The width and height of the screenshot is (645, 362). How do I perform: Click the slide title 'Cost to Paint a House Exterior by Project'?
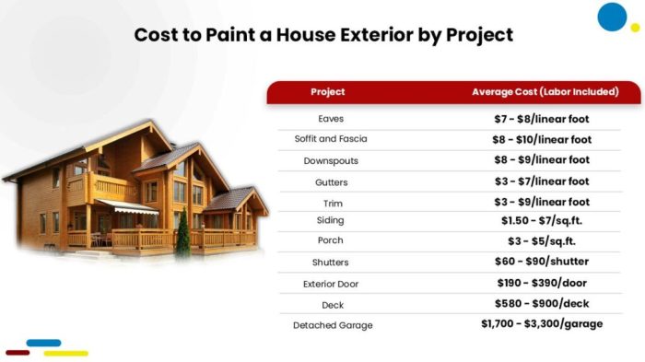(x=323, y=35)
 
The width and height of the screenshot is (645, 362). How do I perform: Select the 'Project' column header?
(x=328, y=92)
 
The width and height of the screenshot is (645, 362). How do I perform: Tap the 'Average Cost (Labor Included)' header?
(x=545, y=92)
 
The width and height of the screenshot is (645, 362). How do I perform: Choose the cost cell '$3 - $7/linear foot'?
(x=541, y=181)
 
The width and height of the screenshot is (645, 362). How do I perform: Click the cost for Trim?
(x=541, y=202)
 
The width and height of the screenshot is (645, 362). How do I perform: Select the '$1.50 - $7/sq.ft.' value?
(x=541, y=222)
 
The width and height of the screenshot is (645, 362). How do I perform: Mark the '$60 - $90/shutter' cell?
(x=541, y=263)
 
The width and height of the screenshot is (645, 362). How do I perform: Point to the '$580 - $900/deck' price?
(x=541, y=304)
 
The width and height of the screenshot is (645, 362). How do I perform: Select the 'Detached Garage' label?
(x=331, y=325)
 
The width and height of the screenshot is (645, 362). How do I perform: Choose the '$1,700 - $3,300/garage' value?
(x=541, y=324)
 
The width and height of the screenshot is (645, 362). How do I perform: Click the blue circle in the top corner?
(x=612, y=17)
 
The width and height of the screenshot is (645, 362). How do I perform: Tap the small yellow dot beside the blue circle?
(x=635, y=29)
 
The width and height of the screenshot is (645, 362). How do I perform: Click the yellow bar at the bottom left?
(x=65, y=353)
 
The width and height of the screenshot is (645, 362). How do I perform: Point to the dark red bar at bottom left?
(x=18, y=353)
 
